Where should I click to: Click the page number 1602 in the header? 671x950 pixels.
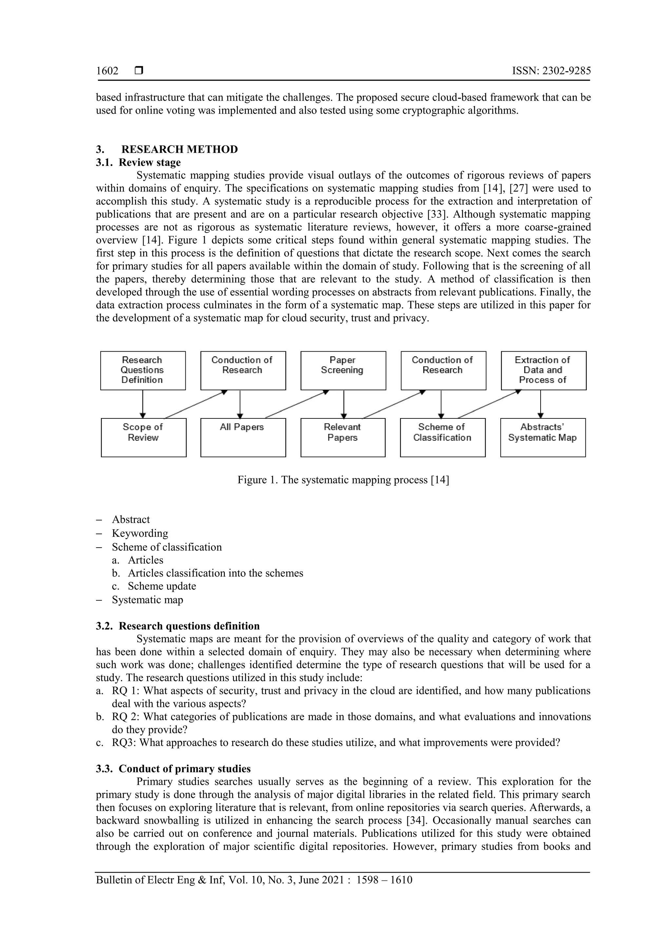[x=107, y=71]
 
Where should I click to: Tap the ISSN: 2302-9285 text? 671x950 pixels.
[x=551, y=71]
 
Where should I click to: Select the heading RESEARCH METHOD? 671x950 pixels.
[x=180, y=149]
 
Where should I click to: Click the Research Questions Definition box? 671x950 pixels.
[x=143, y=370]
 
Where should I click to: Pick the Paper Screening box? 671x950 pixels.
[x=343, y=370]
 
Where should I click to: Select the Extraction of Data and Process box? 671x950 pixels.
[x=543, y=370]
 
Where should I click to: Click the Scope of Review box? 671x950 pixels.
[x=144, y=437]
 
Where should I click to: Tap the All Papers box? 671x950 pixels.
[x=243, y=437]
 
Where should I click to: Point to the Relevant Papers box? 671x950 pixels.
[x=343, y=437]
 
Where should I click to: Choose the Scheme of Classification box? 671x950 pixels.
[x=442, y=437]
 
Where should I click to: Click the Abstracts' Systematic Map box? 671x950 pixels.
[x=543, y=437]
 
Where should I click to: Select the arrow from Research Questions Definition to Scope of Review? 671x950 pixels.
[x=143, y=404]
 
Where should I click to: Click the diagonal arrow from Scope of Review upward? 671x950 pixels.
[x=196, y=404]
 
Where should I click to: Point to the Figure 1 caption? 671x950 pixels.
[x=343, y=480]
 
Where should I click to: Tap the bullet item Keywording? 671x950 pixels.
[x=140, y=533]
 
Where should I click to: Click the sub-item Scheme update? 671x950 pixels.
[x=162, y=586]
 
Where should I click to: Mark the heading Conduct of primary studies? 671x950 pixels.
[x=184, y=769]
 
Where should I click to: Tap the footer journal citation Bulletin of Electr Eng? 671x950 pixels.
[x=254, y=880]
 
